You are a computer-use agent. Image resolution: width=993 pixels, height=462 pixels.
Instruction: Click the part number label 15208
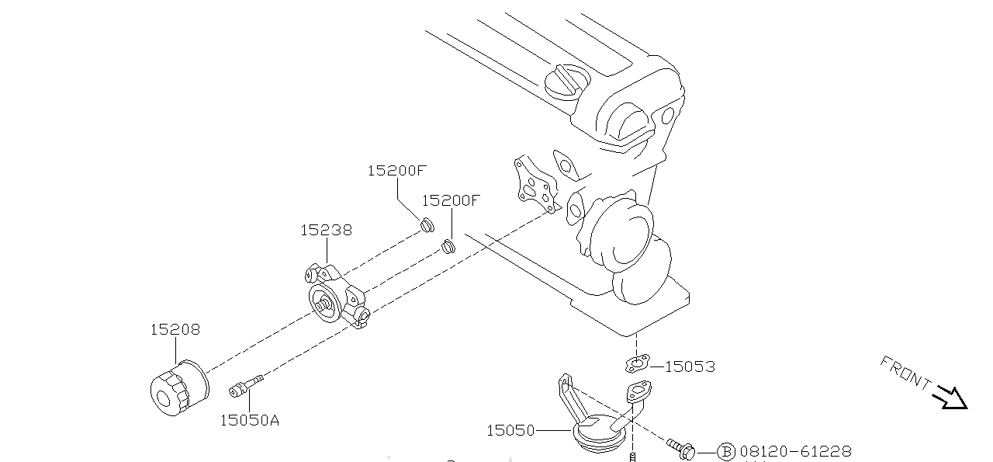175,329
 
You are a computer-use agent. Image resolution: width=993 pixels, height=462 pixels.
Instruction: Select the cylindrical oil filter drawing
179,388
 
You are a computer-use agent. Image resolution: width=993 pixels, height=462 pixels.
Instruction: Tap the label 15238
326,230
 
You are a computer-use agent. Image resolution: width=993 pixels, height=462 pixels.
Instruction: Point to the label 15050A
249,420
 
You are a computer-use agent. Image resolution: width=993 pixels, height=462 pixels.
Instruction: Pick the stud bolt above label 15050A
246,384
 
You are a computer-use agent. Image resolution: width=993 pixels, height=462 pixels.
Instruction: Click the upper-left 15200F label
397,171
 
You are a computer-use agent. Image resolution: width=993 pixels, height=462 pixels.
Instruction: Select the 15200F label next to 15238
451,200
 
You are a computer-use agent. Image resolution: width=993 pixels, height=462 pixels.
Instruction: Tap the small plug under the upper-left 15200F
425,225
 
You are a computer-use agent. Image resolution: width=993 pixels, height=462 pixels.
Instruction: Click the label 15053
690,366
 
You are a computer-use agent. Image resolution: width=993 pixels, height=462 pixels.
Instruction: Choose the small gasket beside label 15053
635,363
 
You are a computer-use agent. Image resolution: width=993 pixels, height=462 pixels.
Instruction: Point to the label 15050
510,429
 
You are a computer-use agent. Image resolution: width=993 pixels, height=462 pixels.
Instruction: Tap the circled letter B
725,451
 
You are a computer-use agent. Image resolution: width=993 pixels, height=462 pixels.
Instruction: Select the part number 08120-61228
795,451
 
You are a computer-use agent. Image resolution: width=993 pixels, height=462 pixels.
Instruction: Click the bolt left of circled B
680,449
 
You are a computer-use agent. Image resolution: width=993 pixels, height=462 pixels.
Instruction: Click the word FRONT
906,372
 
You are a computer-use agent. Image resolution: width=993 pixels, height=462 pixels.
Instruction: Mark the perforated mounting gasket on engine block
535,185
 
